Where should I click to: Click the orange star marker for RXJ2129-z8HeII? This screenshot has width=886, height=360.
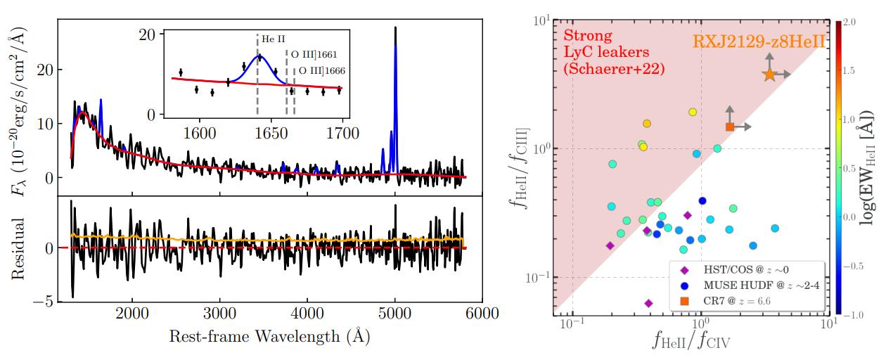[769, 74]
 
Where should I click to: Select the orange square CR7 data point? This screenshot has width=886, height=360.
[730, 127]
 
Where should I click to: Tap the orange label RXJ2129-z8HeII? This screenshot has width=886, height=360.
[758, 41]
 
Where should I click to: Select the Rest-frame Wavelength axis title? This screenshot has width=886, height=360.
[269, 337]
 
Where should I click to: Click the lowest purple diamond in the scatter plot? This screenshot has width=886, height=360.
[648, 303]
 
